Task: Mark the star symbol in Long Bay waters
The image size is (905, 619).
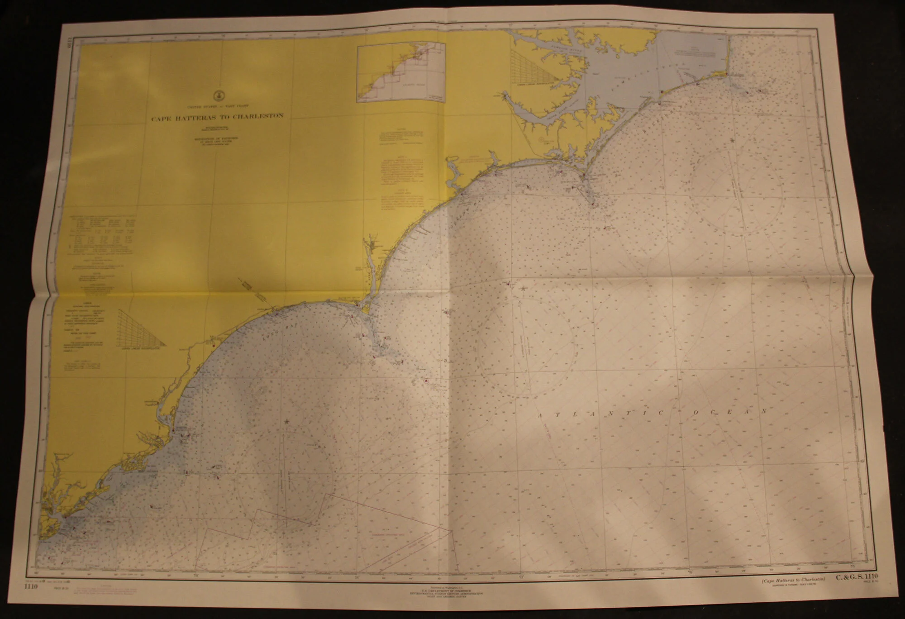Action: (286, 421)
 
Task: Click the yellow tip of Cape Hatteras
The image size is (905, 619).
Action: (727, 74)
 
